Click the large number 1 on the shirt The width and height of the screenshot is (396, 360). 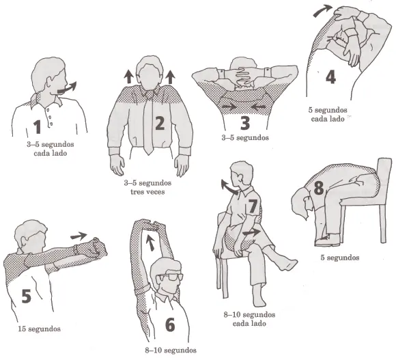pyautogui.click(x=38, y=127)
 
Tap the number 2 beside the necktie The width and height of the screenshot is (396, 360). pyautogui.click(x=160, y=123)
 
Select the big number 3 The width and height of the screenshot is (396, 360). pyautogui.click(x=244, y=123)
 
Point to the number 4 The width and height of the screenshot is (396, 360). pyautogui.click(x=330, y=77)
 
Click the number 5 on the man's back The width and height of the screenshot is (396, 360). pyautogui.click(x=27, y=296)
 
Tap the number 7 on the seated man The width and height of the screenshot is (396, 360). pyautogui.click(x=253, y=206)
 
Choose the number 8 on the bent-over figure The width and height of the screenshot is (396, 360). pyautogui.click(x=319, y=188)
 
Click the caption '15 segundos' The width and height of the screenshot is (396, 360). pyautogui.click(x=39, y=329)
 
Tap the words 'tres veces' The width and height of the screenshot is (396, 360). pyautogui.click(x=147, y=191)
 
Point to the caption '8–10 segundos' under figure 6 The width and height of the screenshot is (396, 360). pyautogui.click(x=171, y=350)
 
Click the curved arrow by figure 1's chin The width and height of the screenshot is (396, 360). pyautogui.click(x=67, y=88)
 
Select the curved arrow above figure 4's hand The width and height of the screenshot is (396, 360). pyautogui.click(x=322, y=10)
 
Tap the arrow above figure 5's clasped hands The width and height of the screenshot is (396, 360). pyautogui.click(x=79, y=236)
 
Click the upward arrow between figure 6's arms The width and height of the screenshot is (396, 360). pyautogui.click(x=150, y=243)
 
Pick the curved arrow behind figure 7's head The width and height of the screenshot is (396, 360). pyautogui.click(x=229, y=186)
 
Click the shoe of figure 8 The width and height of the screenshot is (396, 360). pyautogui.click(x=328, y=240)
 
